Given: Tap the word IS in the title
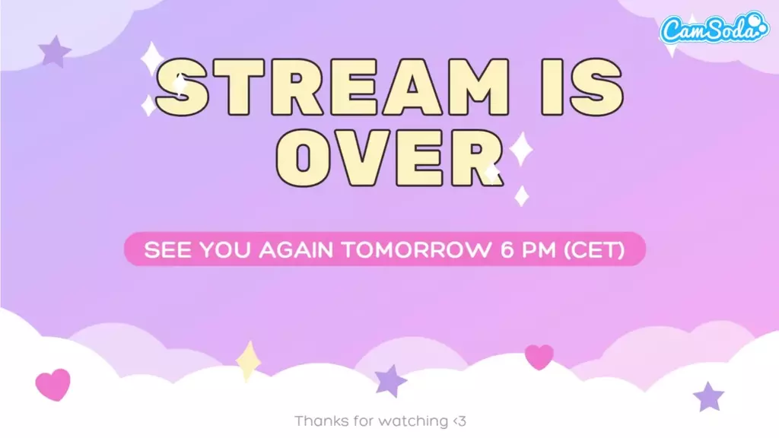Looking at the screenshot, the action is pos(582,87).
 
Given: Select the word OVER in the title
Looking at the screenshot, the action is pos(390,157).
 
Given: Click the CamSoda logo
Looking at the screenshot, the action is pos(714,29).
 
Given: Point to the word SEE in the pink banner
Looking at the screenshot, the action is pos(167,249).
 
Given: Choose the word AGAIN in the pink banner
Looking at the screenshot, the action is pos(296,249).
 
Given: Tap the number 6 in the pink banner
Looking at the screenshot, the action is pos(507,249).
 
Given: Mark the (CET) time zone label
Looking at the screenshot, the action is pos(594,249).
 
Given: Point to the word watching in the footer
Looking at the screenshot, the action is pos(413,422).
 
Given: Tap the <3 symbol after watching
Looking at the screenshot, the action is pos(459,421).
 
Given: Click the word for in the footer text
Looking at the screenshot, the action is pos(363,421).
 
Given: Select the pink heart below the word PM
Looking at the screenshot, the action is pos(539,357).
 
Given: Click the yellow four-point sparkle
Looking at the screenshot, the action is pos(249,361).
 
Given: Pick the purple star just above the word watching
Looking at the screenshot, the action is pos(390,380).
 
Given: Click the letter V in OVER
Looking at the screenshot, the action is pos(359,157).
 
